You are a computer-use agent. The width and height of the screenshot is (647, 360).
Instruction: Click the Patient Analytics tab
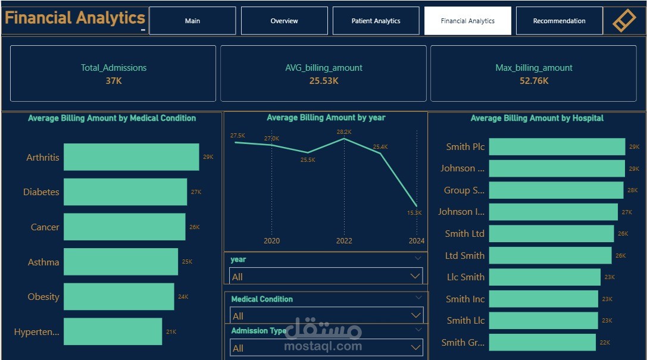[376, 21]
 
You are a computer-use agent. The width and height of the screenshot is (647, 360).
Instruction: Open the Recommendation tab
[559, 21]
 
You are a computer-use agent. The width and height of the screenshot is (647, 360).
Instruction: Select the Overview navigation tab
[284, 21]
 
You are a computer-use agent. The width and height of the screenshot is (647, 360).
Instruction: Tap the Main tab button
[192, 21]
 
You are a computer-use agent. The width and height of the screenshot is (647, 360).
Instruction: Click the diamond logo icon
[624, 21]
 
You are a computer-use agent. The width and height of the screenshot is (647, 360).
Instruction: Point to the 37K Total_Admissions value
[113, 81]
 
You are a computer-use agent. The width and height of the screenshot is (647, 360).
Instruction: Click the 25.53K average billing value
[323, 81]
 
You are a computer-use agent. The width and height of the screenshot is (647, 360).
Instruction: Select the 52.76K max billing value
[534, 81]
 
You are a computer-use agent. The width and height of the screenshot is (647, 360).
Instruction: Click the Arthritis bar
[131, 157]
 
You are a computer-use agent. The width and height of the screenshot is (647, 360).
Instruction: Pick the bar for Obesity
[118, 296]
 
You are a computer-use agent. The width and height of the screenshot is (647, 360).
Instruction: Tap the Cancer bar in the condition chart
[124, 227]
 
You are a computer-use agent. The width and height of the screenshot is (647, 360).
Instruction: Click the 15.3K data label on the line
[414, 213]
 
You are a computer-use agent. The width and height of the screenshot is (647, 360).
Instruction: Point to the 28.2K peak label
[344, 132]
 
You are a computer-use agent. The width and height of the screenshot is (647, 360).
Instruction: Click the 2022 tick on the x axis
[344, 241]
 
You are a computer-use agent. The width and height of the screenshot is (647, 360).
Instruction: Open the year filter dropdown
[326, 277]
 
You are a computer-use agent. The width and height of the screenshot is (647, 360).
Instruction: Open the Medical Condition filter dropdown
[326, 316]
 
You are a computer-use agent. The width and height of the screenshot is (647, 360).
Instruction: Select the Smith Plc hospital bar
[557, 146]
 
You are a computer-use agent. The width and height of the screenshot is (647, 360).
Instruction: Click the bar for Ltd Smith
[550, 255]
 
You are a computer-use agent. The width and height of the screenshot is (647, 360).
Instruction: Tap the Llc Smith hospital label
[465, 277]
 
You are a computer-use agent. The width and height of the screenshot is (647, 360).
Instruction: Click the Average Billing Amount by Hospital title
[537, 118]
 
